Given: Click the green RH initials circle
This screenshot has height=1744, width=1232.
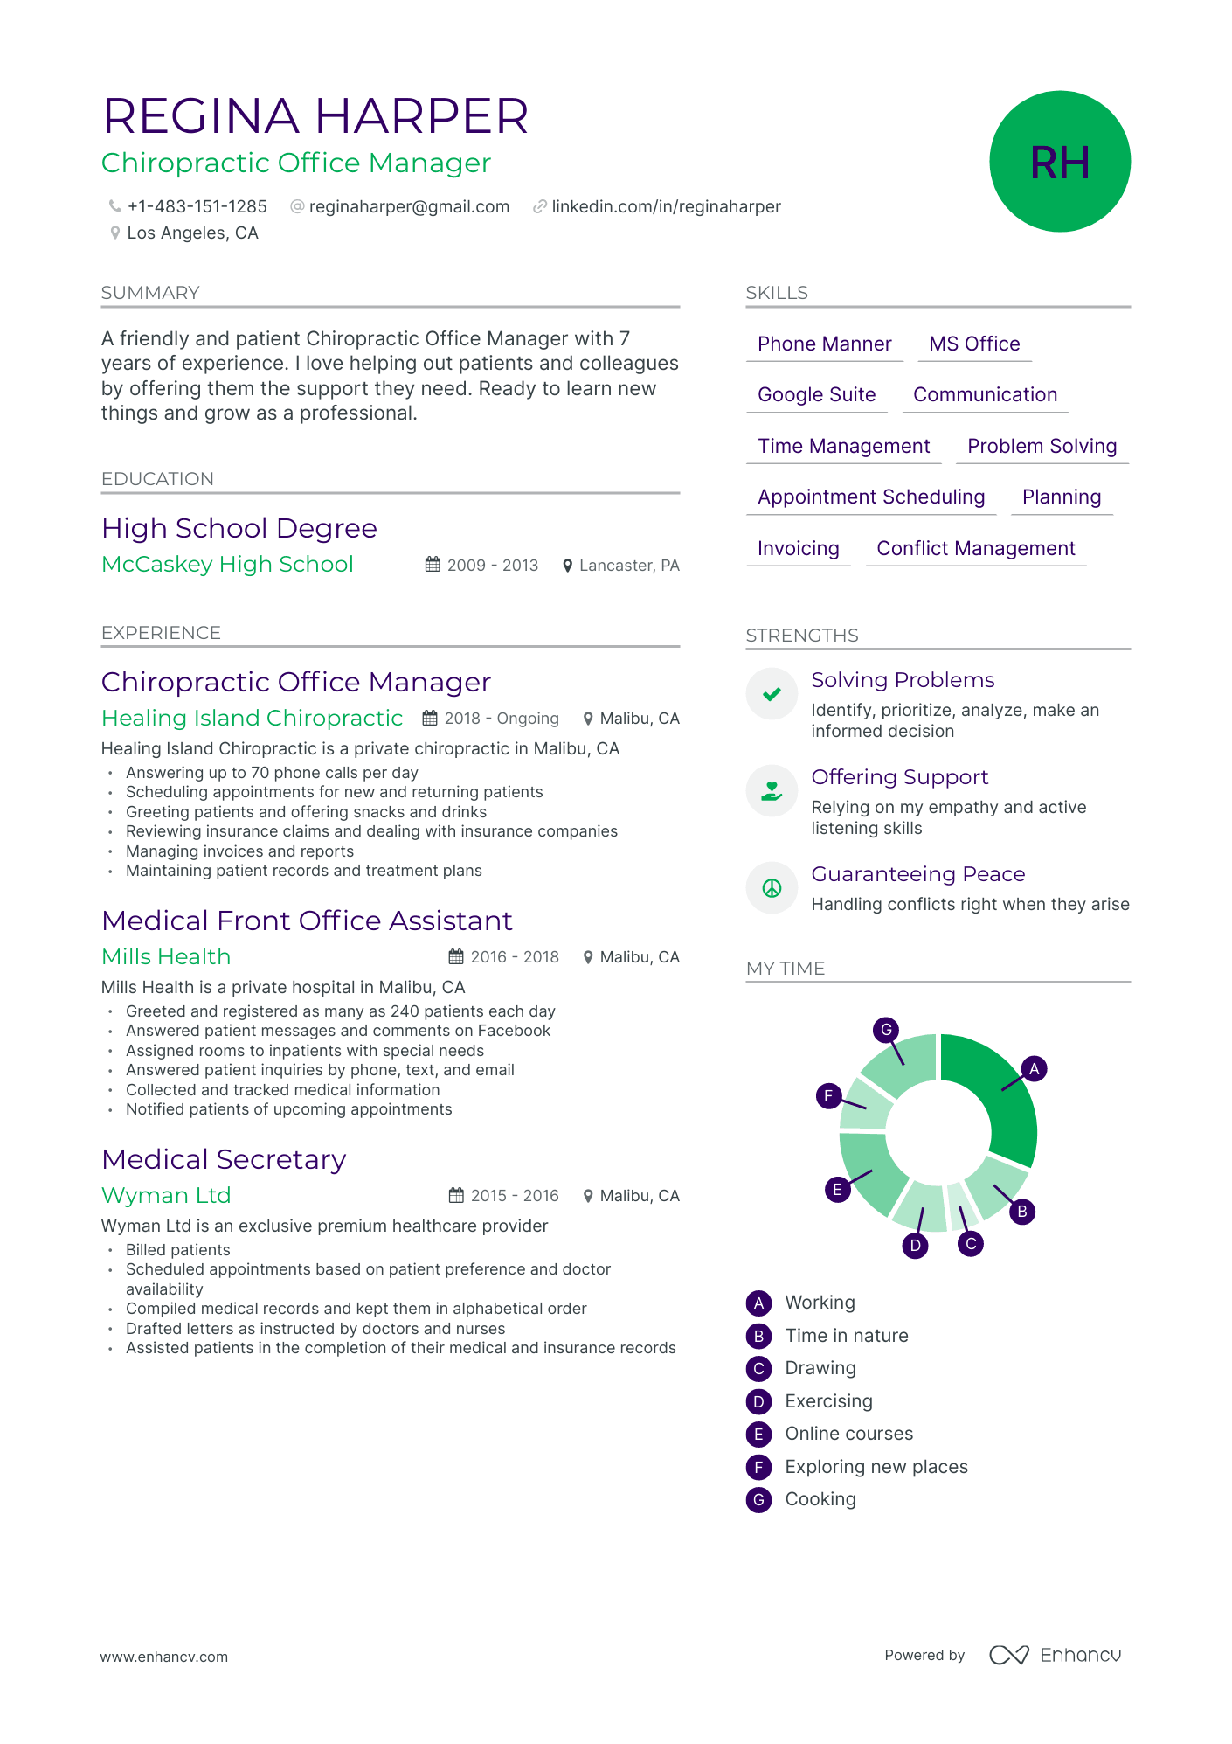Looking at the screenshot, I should [1059, 162].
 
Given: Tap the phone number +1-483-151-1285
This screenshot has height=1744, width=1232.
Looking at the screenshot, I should [197, 207].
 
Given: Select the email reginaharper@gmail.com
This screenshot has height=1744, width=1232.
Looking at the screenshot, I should [409, 207].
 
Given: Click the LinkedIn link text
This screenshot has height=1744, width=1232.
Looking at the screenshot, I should [666, 207].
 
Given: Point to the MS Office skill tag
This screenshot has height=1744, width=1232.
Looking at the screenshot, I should [974, 344].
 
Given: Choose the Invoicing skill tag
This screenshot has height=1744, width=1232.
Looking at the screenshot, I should [798, 549].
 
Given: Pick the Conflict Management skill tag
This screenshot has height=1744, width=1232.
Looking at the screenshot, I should [975, 549].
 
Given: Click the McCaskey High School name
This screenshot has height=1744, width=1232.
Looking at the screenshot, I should [227, 565].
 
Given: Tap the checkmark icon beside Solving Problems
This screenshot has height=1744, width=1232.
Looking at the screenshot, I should [772, 695].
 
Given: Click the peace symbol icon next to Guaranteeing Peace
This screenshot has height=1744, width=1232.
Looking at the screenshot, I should [772, 889].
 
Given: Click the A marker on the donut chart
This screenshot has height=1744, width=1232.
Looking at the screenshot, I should [1034, 1068].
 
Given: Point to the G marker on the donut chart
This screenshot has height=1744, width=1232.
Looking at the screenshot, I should [886, 1030].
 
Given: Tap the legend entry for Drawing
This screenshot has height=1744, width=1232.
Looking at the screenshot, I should [820, 1368].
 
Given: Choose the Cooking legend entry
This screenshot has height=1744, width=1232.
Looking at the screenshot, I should [820, 1499].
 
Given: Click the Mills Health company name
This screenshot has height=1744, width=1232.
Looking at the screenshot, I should [166, 957].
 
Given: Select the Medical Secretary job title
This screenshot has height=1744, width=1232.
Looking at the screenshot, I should [224, 1160].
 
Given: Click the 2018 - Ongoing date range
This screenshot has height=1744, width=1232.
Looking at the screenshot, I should [501, 719].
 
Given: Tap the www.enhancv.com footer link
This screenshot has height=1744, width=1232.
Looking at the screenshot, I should [163, 1657].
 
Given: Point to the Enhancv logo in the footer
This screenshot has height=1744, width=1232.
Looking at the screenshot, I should [1055, 1655].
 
